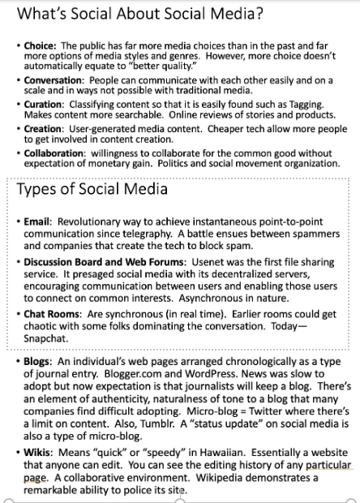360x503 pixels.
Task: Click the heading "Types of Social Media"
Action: point(93,190)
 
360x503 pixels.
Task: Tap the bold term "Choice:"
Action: point(40,46)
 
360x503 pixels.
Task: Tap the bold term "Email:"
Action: point(38,221)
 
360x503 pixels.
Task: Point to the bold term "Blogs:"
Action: point(37,360)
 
